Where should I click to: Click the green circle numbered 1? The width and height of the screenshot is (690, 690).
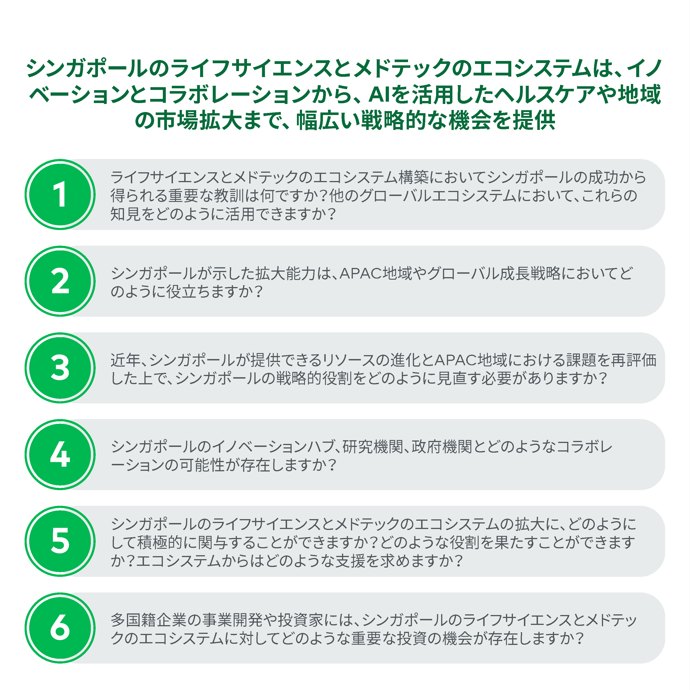click(x=60, y=194)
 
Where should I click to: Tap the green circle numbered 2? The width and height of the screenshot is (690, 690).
click(x=60, y=281)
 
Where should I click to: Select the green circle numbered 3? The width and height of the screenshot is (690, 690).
click(x=60, y=368)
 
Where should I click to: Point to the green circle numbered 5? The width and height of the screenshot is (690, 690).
click(x=60, y=541)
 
